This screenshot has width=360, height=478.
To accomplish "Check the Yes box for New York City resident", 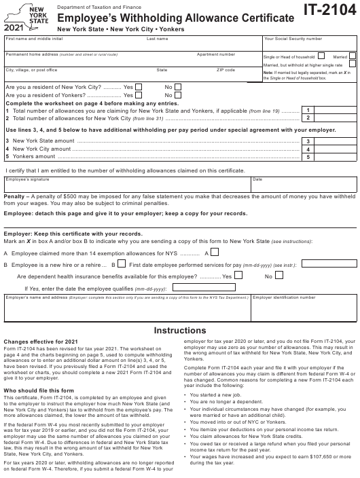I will (139, 86).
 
